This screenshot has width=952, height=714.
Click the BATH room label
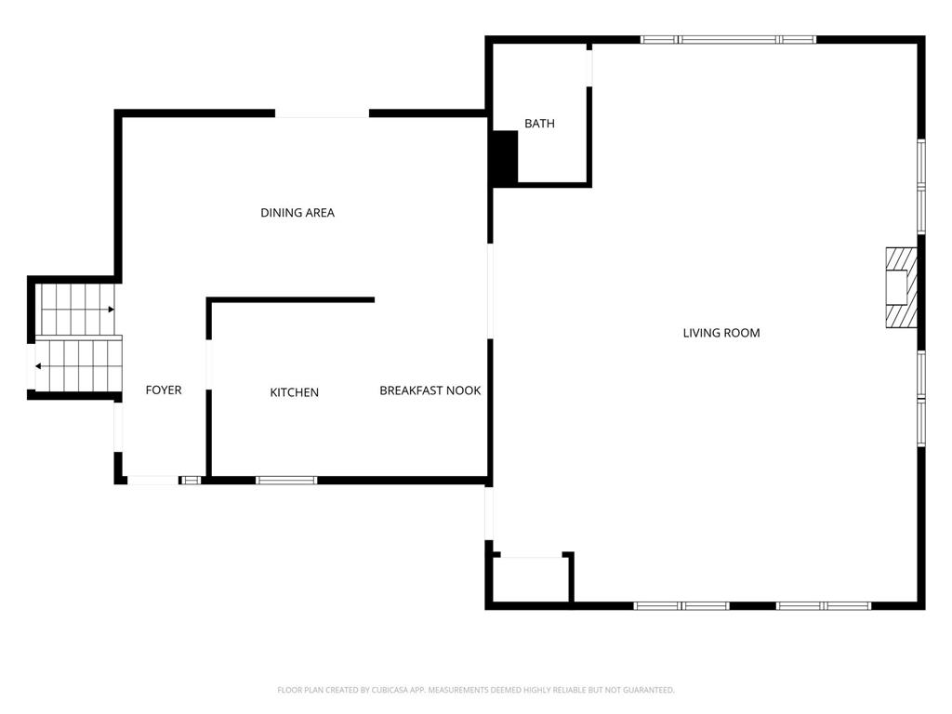tap(539, 124)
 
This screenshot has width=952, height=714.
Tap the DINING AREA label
tap(297, 213)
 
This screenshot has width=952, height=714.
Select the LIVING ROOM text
tap(721, 333)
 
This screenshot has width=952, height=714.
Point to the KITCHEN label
tap(295, 392)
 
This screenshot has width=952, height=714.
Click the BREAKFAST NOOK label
tap(430, 390)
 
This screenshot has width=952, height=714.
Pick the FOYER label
tap(164, 390)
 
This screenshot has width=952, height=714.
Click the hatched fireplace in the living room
tap(901, 287)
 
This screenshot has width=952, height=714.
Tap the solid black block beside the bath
tap(505, 158)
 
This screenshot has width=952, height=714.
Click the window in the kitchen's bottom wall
tap(286, 481)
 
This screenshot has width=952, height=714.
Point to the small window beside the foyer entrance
tap(191, 481)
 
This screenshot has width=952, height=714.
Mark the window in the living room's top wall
tap(728, 40)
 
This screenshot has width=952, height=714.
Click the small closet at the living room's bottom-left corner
tap(531, 579)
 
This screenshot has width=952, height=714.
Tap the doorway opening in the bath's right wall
tap(588, 68)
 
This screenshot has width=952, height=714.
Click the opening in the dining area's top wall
tap(322, 113)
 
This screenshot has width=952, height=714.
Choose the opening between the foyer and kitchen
tap(209, 364)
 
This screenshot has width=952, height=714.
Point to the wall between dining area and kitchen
tap(290, 300)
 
